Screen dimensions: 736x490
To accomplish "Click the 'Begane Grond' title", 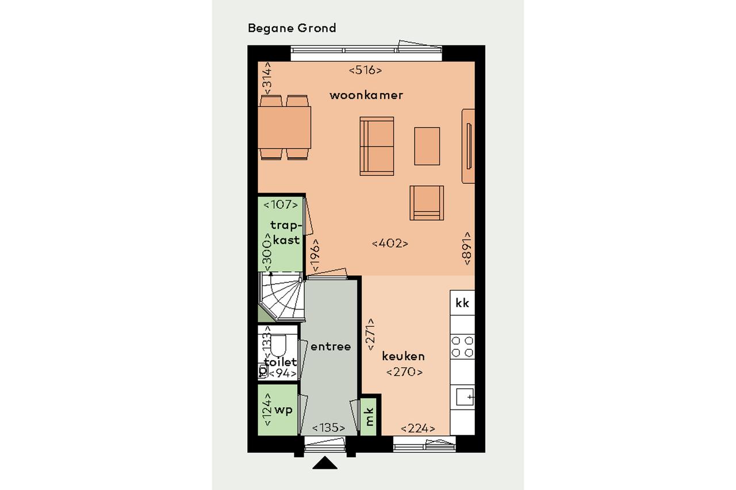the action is click(292, 28).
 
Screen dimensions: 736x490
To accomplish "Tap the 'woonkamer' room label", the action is click(366, 95).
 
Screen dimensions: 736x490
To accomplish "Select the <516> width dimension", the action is click(365, 70).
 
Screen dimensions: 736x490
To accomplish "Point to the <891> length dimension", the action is click(467, 248).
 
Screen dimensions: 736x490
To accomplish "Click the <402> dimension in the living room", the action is click(390, 244).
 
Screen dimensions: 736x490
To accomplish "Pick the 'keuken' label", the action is click(403, 356).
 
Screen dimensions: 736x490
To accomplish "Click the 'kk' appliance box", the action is click(462, 303).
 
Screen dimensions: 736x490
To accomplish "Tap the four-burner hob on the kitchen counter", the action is click(462, 346).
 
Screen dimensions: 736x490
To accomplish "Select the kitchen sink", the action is click(465, 397).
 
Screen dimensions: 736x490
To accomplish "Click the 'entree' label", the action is click(331, 346).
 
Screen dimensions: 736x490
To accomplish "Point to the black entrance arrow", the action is click(325, 463).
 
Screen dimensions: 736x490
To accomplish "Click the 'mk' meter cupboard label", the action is click(369, 416).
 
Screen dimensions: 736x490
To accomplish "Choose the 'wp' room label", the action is click(283, 410).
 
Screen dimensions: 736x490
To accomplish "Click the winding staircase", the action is click(282, 296).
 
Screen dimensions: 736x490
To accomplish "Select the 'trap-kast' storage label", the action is click(285, 233).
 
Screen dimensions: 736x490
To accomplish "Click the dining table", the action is click(284, 128).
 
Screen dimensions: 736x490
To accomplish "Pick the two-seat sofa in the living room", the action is click(377, 146).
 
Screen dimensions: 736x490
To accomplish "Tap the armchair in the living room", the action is click(427, 203).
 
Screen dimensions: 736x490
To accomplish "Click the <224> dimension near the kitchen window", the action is click(418, 429).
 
